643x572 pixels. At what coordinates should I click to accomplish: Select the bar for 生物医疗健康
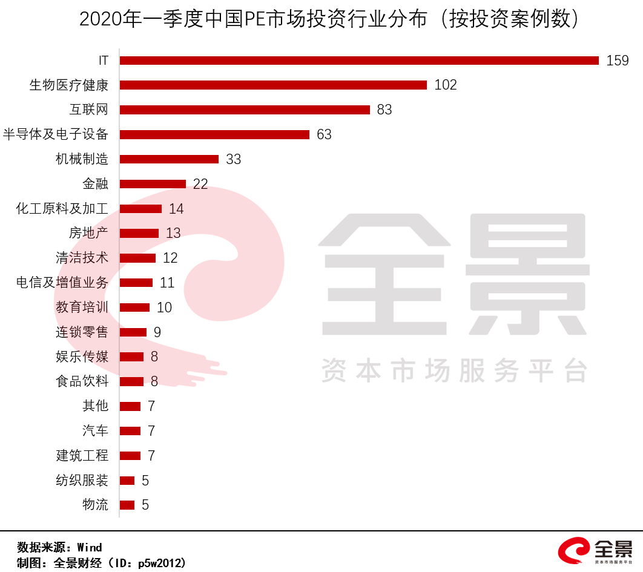coord(273,85)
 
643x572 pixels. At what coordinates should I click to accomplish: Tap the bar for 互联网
coord(245,110)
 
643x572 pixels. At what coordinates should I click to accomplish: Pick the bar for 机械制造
coord(169,159)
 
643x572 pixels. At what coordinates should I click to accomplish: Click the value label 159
coord(618,61)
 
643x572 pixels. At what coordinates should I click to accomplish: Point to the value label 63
coord(324,134)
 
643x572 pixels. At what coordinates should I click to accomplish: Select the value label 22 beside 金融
coord(200,184)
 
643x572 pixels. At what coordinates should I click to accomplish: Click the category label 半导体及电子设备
coord(56,134)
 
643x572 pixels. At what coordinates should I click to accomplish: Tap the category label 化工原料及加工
coord(62,209)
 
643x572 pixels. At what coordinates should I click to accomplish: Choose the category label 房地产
coord(88,233)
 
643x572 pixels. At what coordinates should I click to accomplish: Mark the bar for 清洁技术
coord(137,258)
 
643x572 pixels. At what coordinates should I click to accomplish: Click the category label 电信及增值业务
coord(62,283)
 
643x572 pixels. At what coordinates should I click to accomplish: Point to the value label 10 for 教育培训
coord(164,307)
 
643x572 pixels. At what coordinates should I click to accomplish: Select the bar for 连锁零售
coord(133,332)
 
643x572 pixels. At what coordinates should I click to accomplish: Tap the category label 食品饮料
coord(82,381)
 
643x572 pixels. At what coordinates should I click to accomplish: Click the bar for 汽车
coord(130,431)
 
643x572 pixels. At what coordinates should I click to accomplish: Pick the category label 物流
coord(95,505)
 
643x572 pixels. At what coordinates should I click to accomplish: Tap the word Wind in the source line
coord(90,547)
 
